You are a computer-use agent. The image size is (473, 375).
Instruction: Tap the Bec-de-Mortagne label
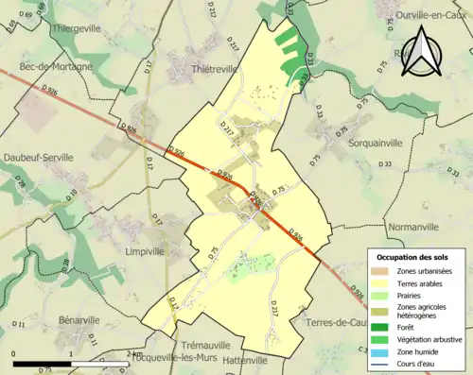point(55,67)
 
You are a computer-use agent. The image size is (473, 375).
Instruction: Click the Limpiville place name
point(147,252)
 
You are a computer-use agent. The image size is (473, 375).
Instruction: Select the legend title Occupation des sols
point(414,257)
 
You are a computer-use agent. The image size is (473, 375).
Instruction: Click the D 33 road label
point(384,164)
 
